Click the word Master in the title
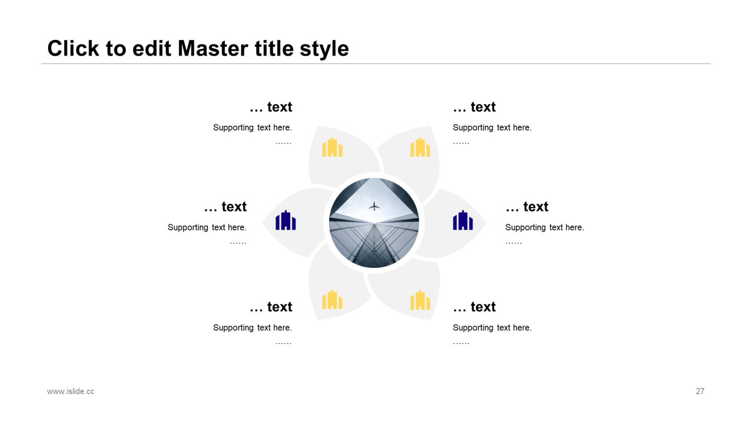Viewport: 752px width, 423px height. (213, 48)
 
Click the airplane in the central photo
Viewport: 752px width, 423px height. (374, 206)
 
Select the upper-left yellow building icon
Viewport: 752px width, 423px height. (333, 147)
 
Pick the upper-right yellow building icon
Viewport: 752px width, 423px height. (420, 147)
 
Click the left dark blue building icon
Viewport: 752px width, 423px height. (286, 220)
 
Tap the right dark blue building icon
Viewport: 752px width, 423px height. (462, 220)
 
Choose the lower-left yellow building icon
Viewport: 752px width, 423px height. (333, 300)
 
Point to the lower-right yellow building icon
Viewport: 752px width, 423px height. (420, 300)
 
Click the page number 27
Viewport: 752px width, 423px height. (700, 391)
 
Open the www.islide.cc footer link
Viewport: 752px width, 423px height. (70, 391)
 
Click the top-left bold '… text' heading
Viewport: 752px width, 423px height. (271, 107)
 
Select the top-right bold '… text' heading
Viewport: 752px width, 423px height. (474, 107)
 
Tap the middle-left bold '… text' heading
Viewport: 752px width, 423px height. (225, 207)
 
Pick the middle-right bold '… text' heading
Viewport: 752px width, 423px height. (527, 207)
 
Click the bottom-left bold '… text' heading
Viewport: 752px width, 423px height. (271, 307)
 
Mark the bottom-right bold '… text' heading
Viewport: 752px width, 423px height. (474, 307)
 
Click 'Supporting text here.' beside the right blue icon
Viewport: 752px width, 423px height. (545, 227)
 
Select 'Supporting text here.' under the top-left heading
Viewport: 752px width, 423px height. (253, 128)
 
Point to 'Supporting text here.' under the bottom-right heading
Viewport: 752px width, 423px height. (492, 328)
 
